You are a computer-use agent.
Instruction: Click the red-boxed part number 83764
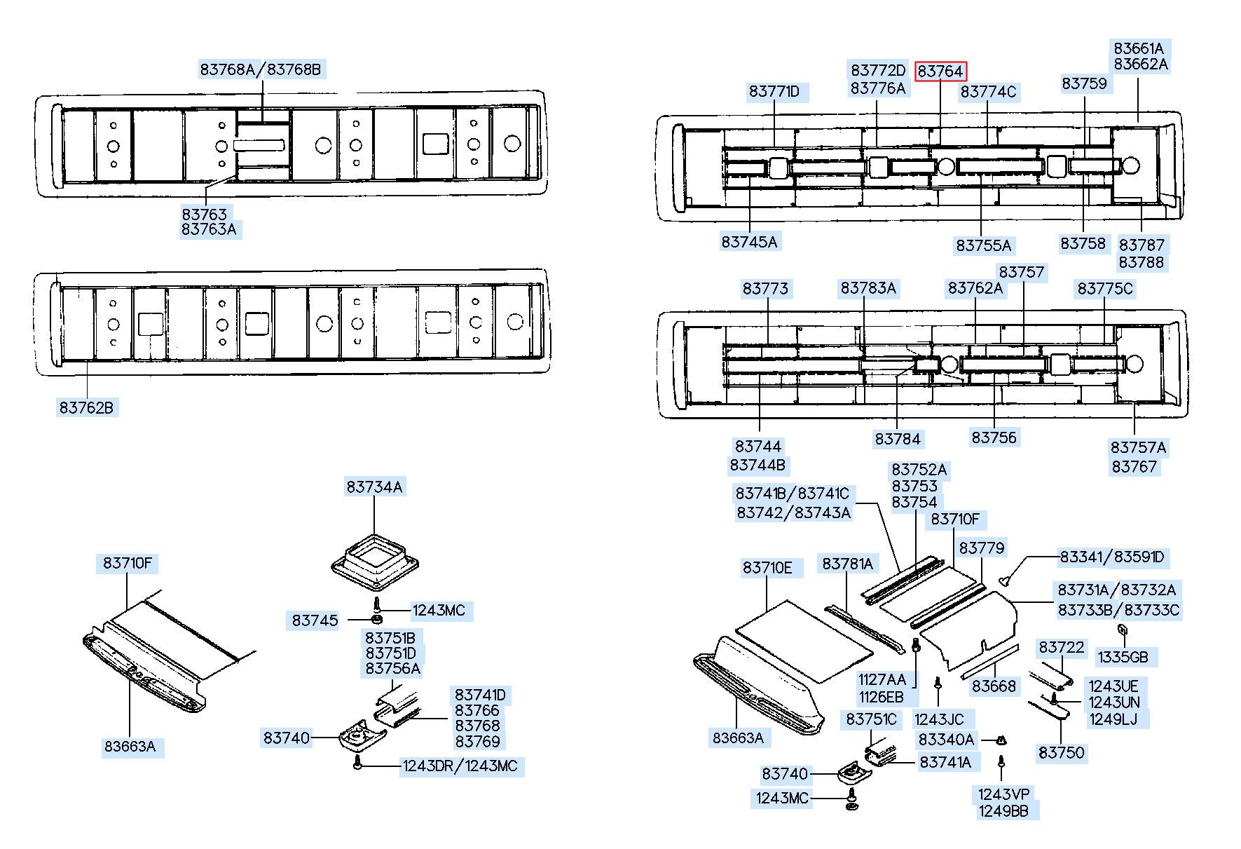[x=940, y=72]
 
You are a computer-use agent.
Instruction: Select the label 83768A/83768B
[x=261, y=69]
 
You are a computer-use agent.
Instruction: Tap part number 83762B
[x=86, y=407]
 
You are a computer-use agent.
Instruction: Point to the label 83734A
[x=374, y=487]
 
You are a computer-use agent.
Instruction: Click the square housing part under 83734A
[x=374, y=561]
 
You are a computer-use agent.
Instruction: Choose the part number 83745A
[x=749, y=242]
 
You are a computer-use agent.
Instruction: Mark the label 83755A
[x=984, y=245]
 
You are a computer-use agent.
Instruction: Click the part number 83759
[x=1084, y=83]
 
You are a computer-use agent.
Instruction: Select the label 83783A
[x=868, y=288]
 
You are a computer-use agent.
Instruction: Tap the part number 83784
[x=898, y=439]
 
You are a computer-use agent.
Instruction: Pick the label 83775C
[x=1105, y=289]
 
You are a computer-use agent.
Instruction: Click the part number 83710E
[x=767, y=568]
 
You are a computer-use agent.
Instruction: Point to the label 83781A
[x=848, y=564]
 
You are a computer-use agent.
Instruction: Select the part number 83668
[x=994, y=686]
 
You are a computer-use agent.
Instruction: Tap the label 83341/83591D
[x=1112, y=557]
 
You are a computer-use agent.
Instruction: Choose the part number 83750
[x=1062, y=753]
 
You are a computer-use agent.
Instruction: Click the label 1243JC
[x=939, y=719]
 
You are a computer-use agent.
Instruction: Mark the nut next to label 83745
[x=377, y=620]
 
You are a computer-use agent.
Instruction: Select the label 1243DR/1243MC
[x=460, y=766]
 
